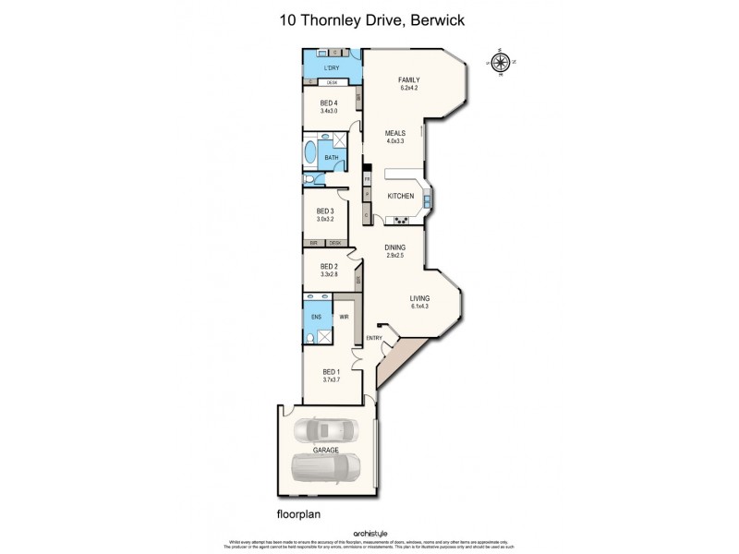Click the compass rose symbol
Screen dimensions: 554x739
point(500,63)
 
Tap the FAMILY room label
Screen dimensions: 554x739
point(409,80)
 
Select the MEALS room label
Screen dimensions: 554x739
point(395,133)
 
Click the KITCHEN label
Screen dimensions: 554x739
point(400,196)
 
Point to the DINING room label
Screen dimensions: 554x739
point(396,247)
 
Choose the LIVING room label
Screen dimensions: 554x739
point(421,297)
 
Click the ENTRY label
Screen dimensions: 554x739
point(374,338)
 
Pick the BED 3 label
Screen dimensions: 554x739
point(324,211)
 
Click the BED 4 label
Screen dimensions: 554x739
point(329,102)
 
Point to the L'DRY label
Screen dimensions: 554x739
point(332,67)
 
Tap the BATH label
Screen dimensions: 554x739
point(330,158)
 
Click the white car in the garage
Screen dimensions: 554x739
point(326,431)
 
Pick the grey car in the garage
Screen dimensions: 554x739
point(326,468)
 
